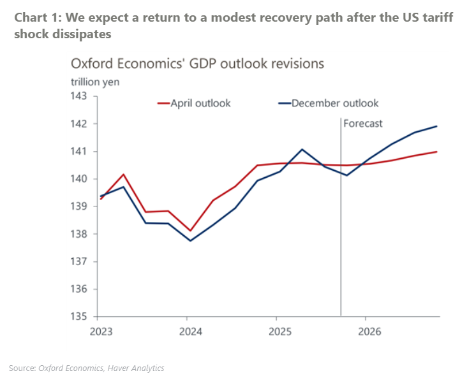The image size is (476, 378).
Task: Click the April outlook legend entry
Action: (x=200, y=103)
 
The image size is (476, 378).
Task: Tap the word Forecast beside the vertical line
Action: (x=363, y=124)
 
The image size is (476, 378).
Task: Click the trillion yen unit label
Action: (x=94, y=82)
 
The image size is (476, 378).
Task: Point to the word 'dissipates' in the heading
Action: (x=83, y=34)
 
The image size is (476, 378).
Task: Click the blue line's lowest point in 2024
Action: (x=190, y=240)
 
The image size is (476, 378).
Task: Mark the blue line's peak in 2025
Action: (x=302, y=149)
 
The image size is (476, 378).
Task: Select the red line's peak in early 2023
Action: (x=123, y=174)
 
